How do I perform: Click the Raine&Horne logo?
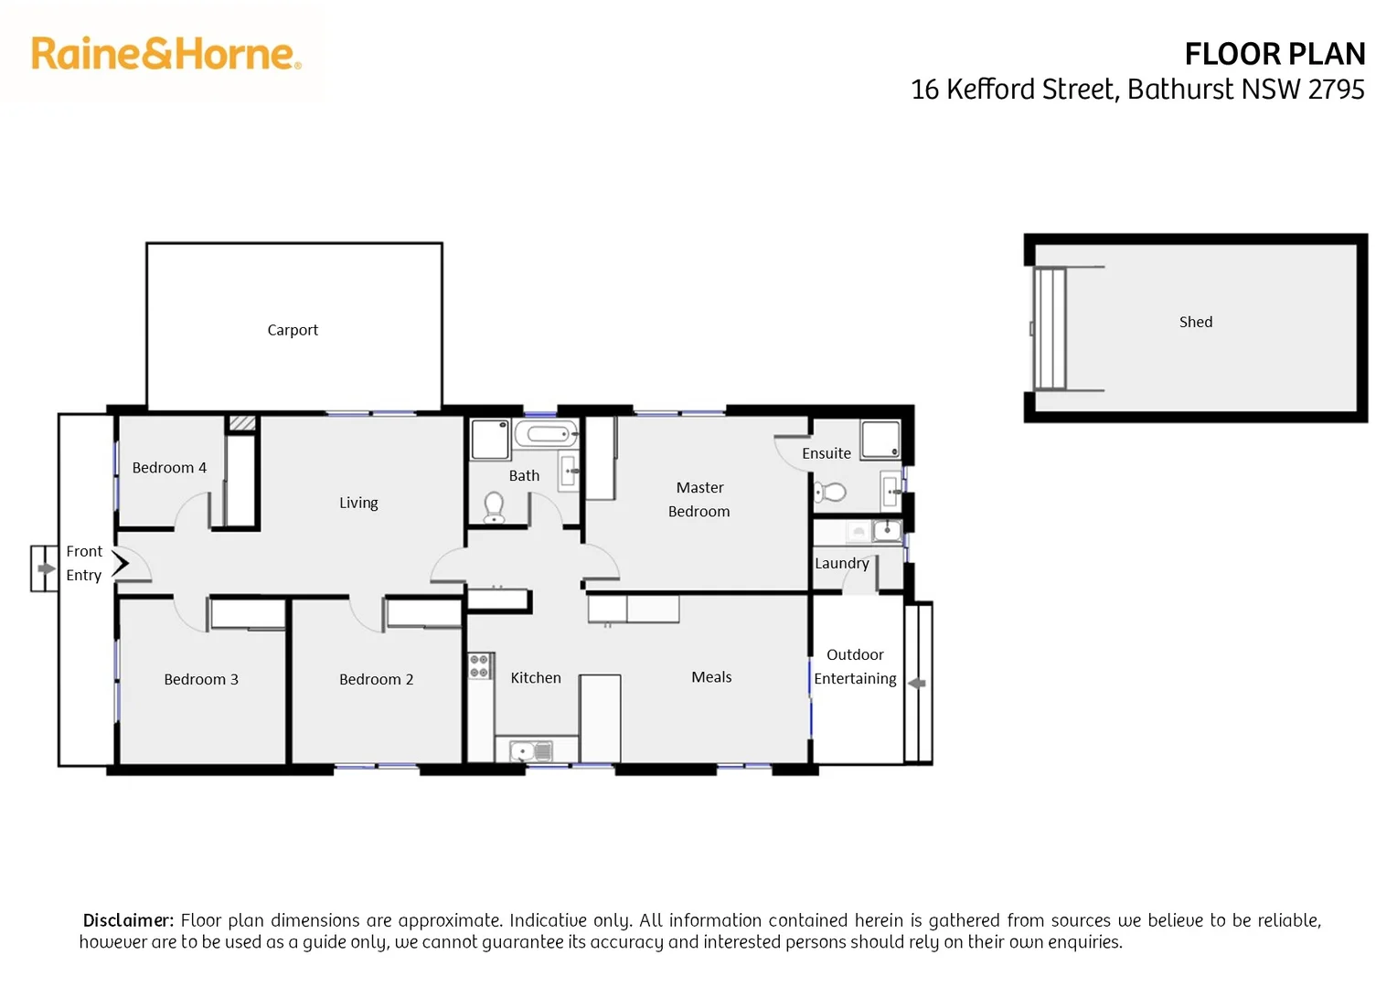point(165,54)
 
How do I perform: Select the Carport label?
point(293,330)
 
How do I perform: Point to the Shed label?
point(1195,322)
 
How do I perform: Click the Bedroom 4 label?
point(169,468)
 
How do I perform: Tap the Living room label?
point(358,503)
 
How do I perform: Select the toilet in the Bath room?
point(494,507)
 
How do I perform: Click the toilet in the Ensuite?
point(831,493)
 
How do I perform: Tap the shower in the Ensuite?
point(880,440)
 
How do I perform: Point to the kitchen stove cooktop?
point(480,666)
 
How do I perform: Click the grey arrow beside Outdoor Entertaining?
point(917,684)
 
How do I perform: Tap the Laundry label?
point(841,563)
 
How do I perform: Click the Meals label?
point(711,677)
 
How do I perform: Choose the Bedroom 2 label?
point(376,679)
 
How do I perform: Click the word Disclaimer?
point(128,920)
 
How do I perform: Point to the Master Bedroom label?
point(699,500)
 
